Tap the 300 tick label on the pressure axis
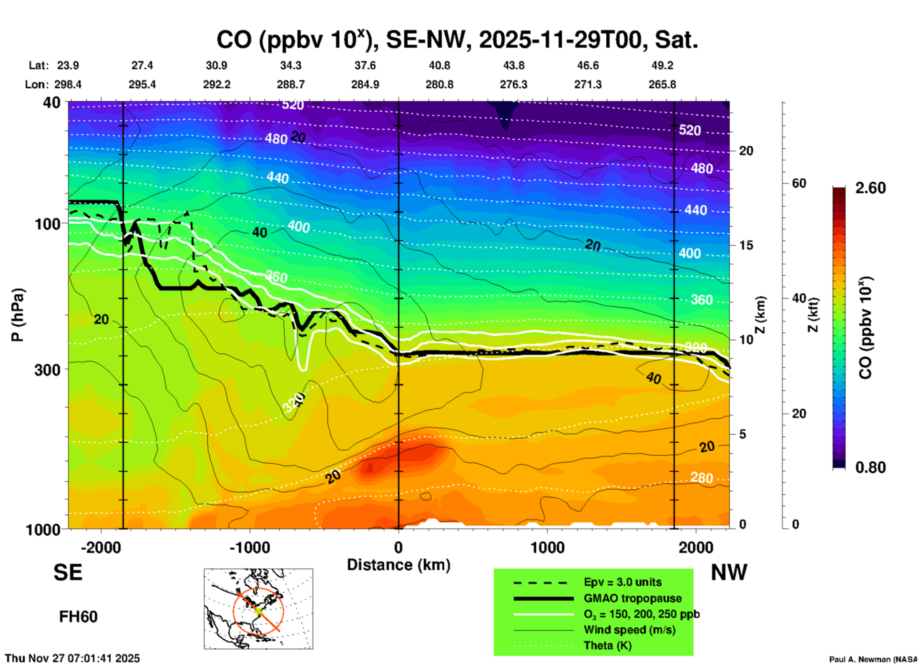coord(48,370)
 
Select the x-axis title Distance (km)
coord(398,565)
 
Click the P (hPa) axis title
coord(18,315)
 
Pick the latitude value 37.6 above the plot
coord(365,65)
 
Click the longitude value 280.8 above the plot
coord(439,84)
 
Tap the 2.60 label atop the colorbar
coord(870,188)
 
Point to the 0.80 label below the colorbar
coord(870,467)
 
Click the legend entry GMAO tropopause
coord(632,598)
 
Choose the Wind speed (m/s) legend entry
coord(629,630)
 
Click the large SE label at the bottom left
coord(68,572)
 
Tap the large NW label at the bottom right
coord(729,572)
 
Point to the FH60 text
coord(78,617)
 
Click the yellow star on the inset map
coord(258,610)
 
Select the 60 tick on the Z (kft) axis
coord(799,183)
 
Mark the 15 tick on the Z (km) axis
coord(746,245)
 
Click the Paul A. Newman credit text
coord(872,659)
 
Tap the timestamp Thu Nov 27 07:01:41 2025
coord(72,658)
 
